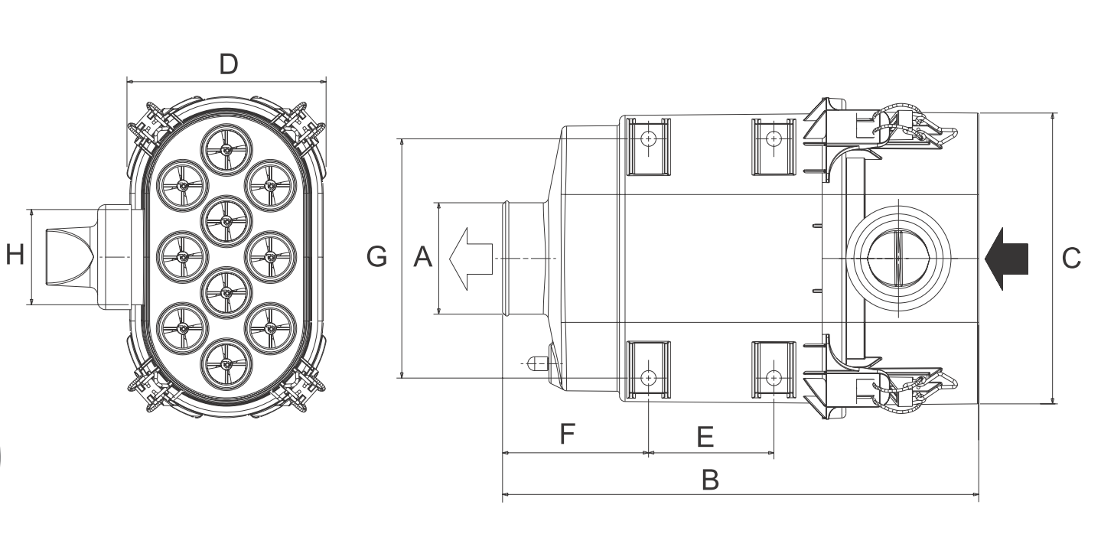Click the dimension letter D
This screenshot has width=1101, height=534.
[229, 64]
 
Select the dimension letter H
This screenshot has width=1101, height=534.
[15, 255]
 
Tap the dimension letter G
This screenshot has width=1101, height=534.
[377, 257]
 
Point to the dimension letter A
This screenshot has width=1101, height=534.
[422, 257]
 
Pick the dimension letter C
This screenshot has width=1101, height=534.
[1071, 258]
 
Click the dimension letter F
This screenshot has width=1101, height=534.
[568, 433]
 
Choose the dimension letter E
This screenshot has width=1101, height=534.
[705, 436]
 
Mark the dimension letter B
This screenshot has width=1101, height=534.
[710, 480]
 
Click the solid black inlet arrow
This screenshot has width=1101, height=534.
[1006, 259]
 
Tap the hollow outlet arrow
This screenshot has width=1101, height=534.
[471, 259]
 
